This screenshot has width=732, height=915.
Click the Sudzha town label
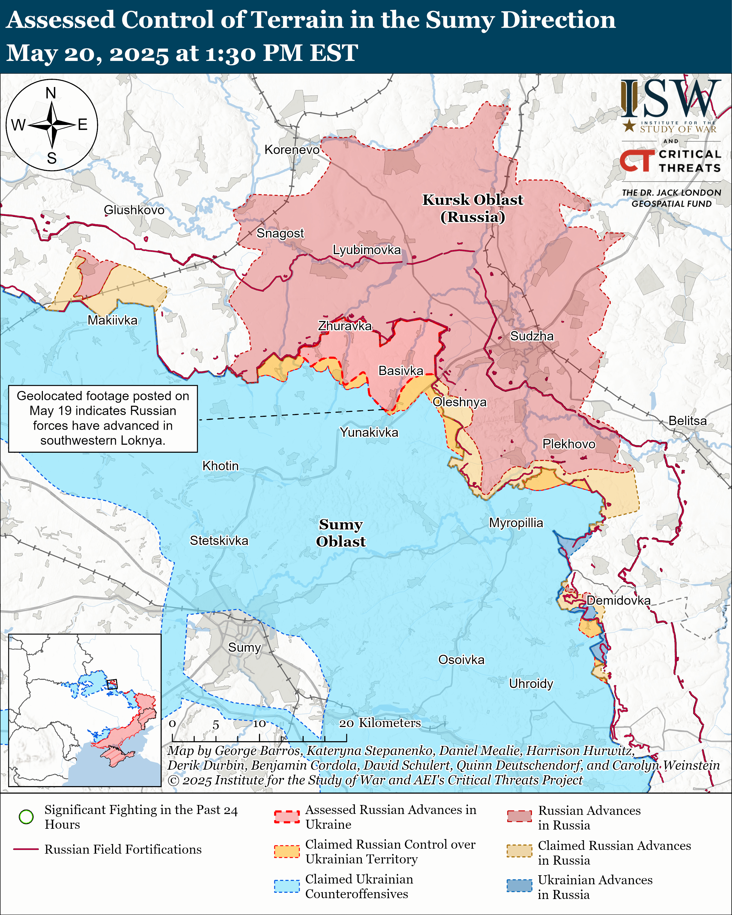(532, 336)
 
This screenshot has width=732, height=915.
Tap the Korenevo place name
(292, 150)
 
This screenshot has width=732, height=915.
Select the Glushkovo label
(134, 210)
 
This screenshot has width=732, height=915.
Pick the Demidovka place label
(618, 600)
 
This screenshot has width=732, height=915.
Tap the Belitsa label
(687, 421)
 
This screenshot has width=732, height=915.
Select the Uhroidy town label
(531, 683)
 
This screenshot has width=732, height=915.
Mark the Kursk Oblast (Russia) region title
(473, 208)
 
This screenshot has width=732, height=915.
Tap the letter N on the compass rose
(51, 93)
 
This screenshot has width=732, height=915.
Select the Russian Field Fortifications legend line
(26, 849)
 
